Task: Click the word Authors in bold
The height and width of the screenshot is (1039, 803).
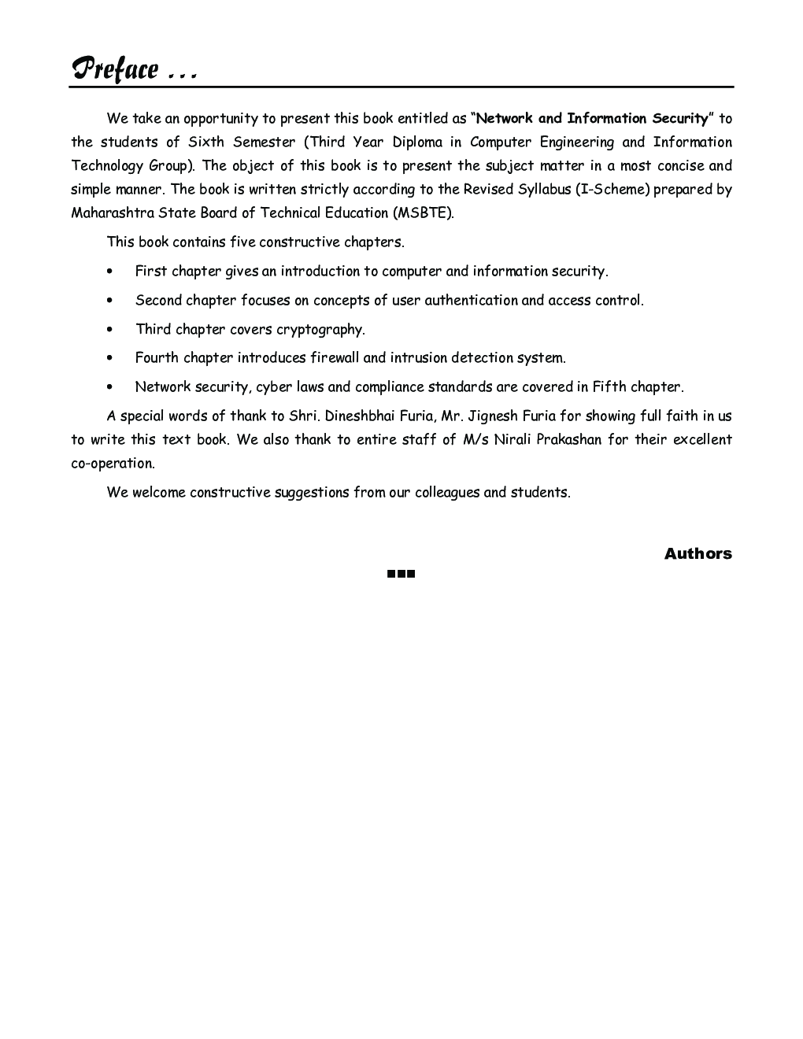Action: [x=698, y=553]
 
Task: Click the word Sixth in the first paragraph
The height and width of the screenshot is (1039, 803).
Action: [x=205, y=142]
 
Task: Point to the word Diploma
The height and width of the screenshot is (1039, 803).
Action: [x=417, y=142]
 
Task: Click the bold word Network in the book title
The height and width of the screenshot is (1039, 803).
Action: [x=505, y=118]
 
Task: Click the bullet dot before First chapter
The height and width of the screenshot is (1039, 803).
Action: [x=110, y=272]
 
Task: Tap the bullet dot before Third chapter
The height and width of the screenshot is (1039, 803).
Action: [x=110, y=329]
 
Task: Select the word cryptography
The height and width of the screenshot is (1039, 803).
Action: [x=320, y=329]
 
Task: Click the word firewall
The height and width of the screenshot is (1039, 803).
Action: [x=335, y=357]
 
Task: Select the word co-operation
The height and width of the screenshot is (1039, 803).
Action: [x=113, y=463]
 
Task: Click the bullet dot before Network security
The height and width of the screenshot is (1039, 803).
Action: [x=110, y=386]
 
